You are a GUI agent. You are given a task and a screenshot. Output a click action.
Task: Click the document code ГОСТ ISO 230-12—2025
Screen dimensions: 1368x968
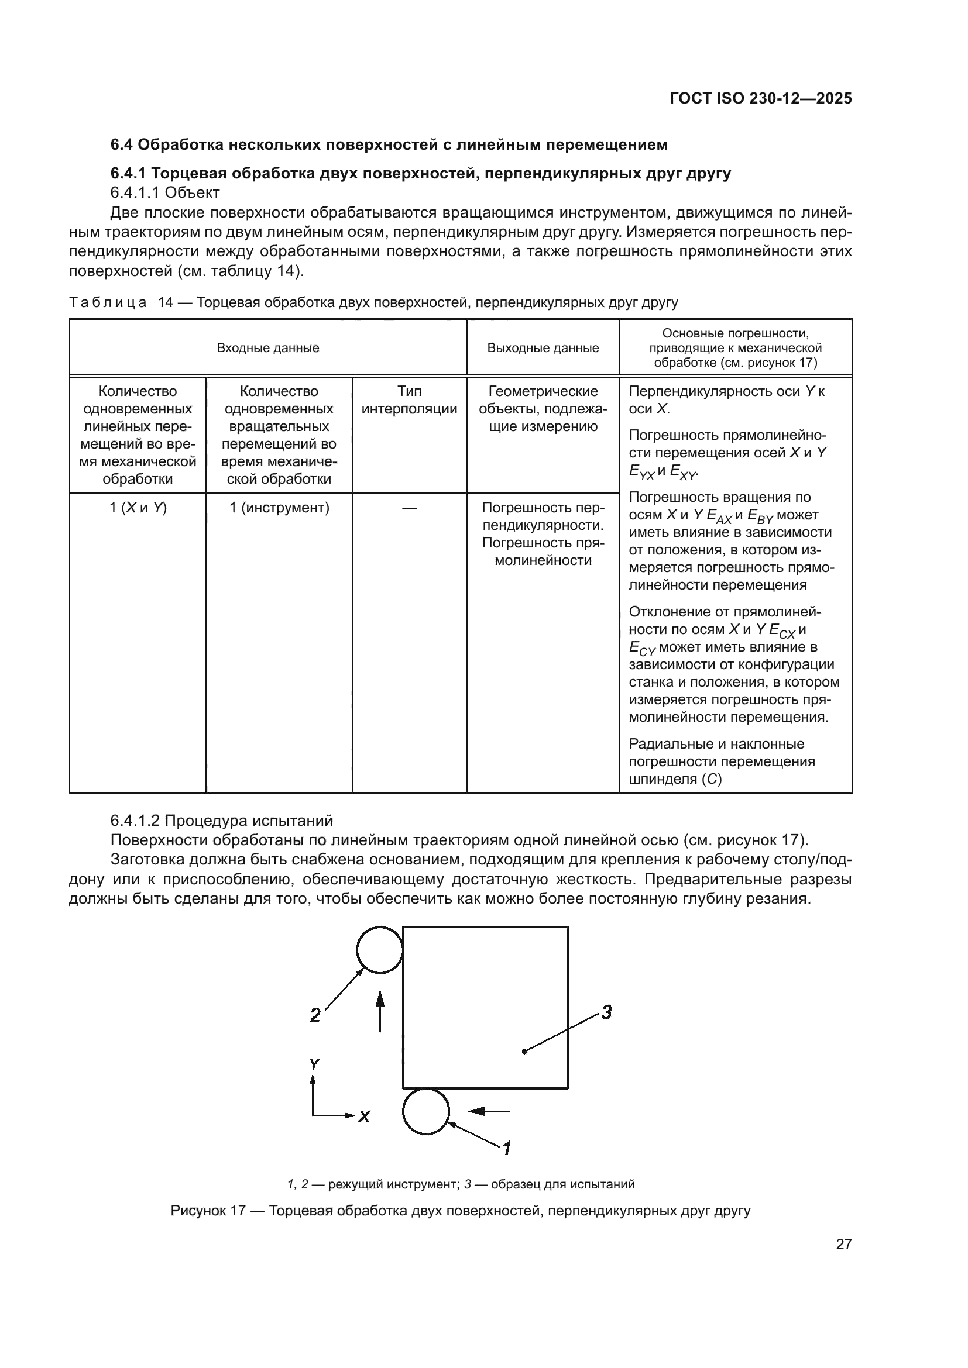tap(761, 98)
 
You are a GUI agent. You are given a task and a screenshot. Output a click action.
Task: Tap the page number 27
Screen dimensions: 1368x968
tap(843, 1244)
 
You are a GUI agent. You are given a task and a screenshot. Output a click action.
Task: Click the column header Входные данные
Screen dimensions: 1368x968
tap(267, 348)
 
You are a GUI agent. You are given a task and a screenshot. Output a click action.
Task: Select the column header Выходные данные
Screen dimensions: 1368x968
tap(543, 348)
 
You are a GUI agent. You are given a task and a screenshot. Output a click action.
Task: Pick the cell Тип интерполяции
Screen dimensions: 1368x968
tap(410, 400)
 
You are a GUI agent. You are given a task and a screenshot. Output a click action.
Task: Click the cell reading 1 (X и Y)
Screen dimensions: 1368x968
tap(138, 508)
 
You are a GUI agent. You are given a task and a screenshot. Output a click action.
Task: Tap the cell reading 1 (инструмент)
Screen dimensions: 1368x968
tap(280, 508)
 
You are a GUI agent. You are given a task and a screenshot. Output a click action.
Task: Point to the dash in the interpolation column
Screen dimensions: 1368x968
tap(410, 508)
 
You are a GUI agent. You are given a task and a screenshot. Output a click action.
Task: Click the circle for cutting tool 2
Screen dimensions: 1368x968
tap(380, 950)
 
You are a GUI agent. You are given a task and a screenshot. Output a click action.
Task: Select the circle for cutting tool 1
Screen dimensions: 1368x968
tap(425, 1111)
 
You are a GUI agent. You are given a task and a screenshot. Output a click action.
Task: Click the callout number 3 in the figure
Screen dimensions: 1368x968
tap(606, 1012)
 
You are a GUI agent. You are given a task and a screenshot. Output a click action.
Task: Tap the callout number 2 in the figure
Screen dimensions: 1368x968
tap(315, 1015)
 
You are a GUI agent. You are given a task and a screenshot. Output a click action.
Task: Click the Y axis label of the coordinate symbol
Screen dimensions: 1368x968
tap(314, 1064)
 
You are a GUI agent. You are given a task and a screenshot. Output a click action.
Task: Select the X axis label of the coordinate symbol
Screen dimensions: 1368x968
tap(364, 1117)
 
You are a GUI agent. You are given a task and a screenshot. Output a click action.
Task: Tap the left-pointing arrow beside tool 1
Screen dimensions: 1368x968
tap(489, 1111)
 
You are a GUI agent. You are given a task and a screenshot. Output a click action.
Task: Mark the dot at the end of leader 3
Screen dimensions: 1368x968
tap(524, 1051)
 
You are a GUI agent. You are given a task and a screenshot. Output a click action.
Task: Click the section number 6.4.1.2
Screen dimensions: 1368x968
tap(135, 821)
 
